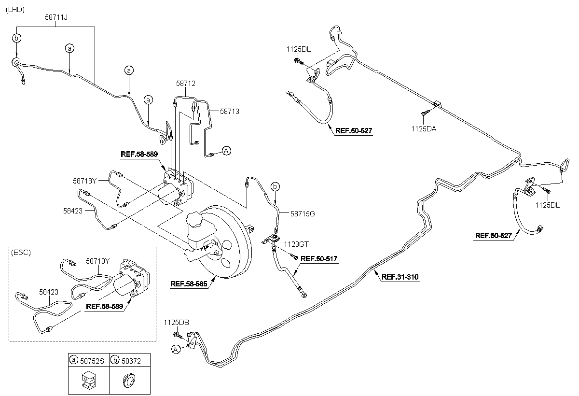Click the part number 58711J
pyautogui.click(x=56, y=17)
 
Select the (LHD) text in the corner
pyautogui.click(x=15, y=10)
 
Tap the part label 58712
pyautogui.click(x=186, y=83)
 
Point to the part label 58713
pyautogui.click(x=230, y=112)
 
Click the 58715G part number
pyautogui.click(x=303, y=214)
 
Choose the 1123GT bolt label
pyautogui.click(x=296, y=244)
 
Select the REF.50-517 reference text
pyautogui.click(x=319, y=259)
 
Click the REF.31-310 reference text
pyautogui.click(x=400, y=277)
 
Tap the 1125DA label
pyautogui.click(x=424, y=129)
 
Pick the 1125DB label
pyautogui.click(x=176, y=323)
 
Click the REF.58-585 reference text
pyautogui.click(x=189, y=284)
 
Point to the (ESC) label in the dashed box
pyautogui.click(x=21, y=253)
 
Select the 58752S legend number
pyautogui.click(x=92, y=361)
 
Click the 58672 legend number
pyautogui.click(x=131, y=361)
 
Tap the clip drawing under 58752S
pyautogui.click(x=89, y=380)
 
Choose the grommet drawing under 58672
pyautogui.click(x=129, y=380)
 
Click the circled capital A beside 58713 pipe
pyautogui.click(x=226, y=151)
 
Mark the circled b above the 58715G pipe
pyautogui.click(x=275, y=186)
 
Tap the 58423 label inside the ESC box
pyautogui.click(x=49, y=292)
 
